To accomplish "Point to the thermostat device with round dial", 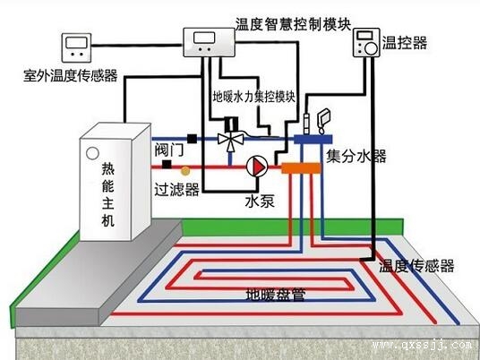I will click(366, 43).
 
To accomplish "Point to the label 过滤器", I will click(175, 190).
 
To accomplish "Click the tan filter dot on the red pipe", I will click(185, 167).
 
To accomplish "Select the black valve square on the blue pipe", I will click(192, 139).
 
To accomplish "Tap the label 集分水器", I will click(356, 158).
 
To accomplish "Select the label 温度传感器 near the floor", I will click(417, 266).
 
